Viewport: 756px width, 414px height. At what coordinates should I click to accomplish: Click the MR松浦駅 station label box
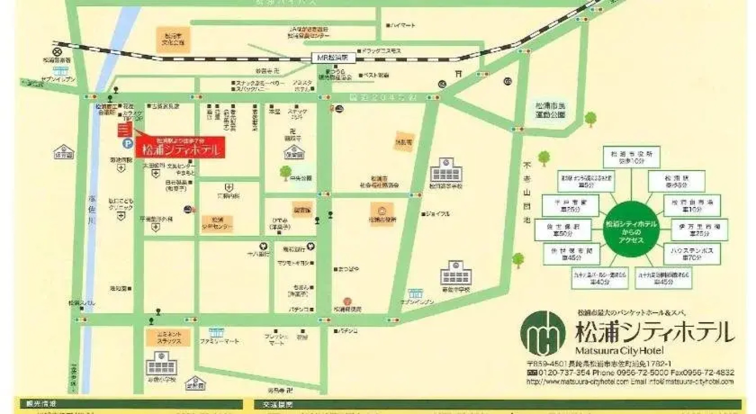[x=333, y=58]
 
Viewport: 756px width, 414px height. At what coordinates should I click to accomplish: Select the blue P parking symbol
[x=127, y=144]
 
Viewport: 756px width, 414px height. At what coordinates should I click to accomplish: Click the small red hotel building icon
[x=125, y=130]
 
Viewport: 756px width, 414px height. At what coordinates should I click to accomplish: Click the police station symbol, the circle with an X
[x=58, y=51]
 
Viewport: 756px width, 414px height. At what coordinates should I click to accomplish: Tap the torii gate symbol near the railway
[x=458, y=74]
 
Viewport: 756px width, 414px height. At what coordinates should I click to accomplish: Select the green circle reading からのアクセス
[x=631, y=229]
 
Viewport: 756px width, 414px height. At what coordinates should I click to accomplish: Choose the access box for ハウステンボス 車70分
[x=692, y=254]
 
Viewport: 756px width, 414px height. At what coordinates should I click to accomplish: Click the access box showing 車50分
[x=563, y=230]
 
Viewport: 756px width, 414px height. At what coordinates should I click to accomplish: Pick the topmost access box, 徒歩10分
[x=631, y=157]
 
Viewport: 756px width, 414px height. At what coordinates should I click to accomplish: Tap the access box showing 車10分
[x=692, y=205]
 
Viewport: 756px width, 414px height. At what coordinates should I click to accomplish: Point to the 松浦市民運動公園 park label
[x=550, y=110]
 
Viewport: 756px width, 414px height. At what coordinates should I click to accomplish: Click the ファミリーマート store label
[x=219, y=341]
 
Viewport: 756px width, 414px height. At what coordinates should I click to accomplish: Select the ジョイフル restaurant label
[x=437, y=214]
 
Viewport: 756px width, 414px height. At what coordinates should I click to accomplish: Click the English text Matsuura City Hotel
[x=619, y=350]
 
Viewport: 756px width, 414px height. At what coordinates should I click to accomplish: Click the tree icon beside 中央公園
[x=285, y=173]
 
